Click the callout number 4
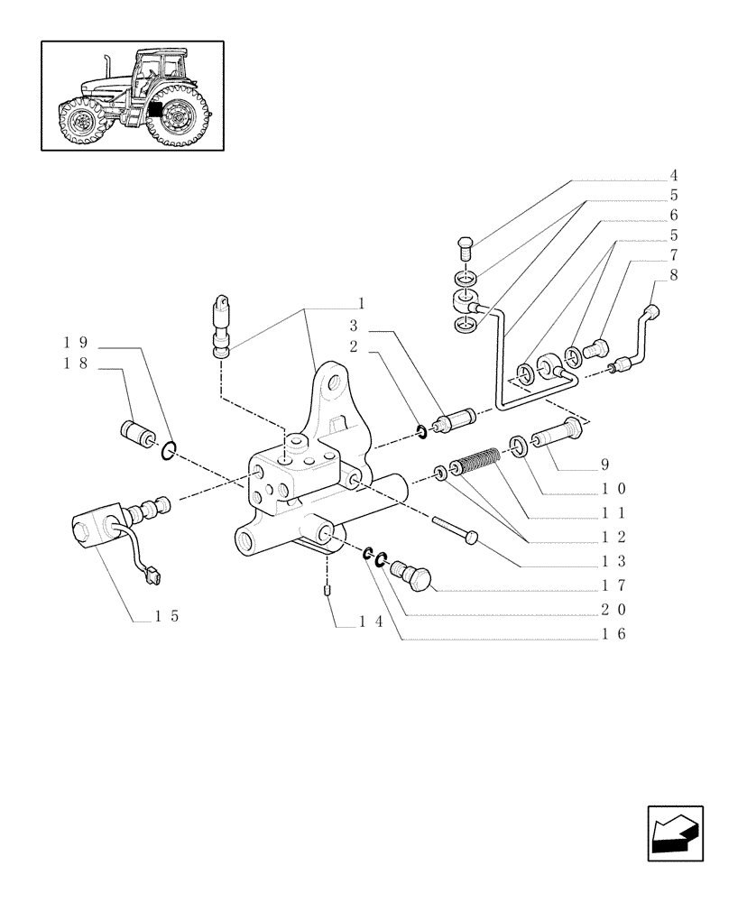673,176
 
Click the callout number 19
75,343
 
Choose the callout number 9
605,466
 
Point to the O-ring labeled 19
168,448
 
